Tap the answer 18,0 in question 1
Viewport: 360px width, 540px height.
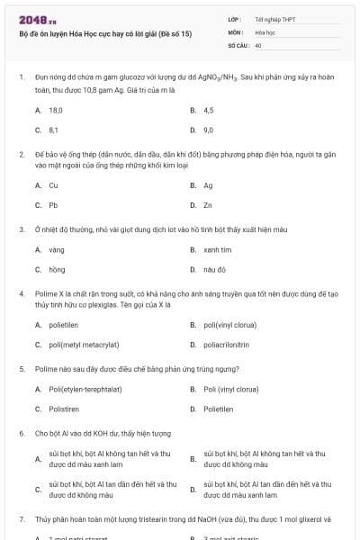(x=55, y=110)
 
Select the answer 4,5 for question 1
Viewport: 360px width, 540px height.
(x=209, y=110)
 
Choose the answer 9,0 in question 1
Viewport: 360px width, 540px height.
(x=209, y=130)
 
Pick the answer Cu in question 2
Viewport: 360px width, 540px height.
(x=53, y=185)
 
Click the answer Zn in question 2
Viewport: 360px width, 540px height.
(x=208, y=205)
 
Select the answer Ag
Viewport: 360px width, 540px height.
(x=208, y=185)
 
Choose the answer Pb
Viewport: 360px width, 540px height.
(x=53, y=205)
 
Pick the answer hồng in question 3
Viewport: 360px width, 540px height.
(x=57, y=269)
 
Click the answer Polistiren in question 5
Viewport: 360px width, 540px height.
(x=65, y=409)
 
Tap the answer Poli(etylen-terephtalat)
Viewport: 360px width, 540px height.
(x=85, y=389)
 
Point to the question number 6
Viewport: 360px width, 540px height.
(x=22, y=433)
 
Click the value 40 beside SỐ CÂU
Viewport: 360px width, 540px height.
(x=258, y=44)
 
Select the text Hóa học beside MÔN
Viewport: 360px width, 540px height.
(x=265, y=31)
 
